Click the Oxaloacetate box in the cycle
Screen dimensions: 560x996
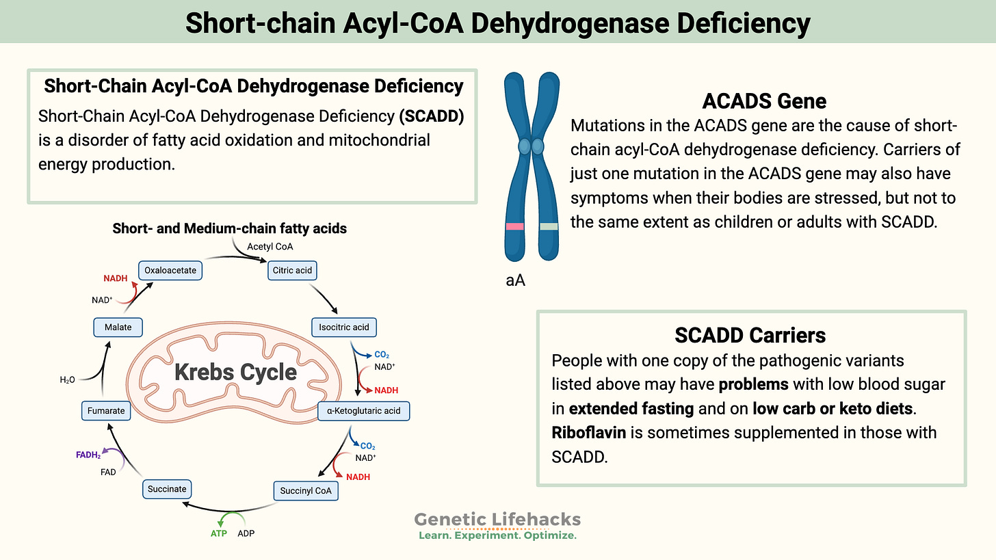coord(170,270)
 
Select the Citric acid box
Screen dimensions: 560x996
coord(293,270)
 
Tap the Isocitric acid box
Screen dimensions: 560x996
coord(343,327)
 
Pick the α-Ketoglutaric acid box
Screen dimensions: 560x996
coord(364,411)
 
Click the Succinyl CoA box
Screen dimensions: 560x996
coord(306,490)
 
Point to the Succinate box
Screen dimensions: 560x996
coord(167,489)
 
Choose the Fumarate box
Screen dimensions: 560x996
coord(106,411)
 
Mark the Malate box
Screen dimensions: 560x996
coord(118,328)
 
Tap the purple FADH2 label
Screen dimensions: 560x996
coord(88,455)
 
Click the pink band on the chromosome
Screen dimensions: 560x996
coord(515,226)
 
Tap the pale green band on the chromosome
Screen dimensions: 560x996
coord(548,226)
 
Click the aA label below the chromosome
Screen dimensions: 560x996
coord(515,280)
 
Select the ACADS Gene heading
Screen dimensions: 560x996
coord(764,102)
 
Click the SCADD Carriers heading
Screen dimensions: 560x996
coord(750,335)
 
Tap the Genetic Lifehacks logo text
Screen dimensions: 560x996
coord(497,520)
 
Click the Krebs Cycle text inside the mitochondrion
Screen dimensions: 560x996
coord(235,373)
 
